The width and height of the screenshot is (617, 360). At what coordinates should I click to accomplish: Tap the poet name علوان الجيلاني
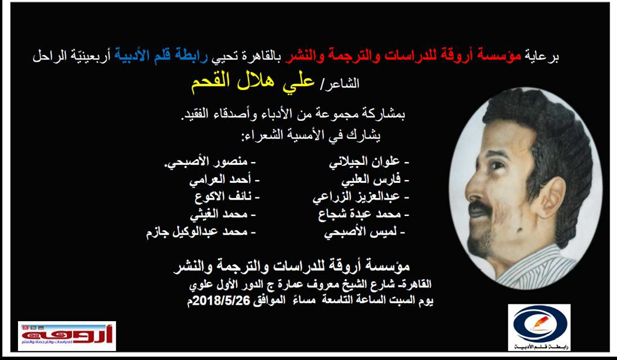pyautogui.click(x=364, y=161)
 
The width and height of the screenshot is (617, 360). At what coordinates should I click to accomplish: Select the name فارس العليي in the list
pyautogui.click(x=371, y=180)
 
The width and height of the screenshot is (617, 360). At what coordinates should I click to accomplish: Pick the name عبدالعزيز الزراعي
pyautogui.click(x=357, y=197)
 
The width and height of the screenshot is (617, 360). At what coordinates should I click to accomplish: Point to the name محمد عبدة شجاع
pyautogui.click(x=359, y=214)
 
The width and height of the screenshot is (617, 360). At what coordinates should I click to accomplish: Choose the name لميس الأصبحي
pyautogui.click(x=361, y=232)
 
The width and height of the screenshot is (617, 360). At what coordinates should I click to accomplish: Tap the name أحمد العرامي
pyautogui.click(x=220, y=180)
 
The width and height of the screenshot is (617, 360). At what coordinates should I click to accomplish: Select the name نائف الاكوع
pyautogui.click(x=223, y=197)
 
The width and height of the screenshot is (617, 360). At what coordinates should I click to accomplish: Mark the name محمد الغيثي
pyautogui.click(x=219, y=215)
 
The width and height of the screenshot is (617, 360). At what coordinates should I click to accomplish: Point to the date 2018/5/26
pyautogui.click(x=221, y=300)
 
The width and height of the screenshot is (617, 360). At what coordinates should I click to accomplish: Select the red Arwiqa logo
pyautogui.click(x=67, y=336)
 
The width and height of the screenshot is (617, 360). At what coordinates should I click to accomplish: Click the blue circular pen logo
pyautogui.click(x=539, y=327)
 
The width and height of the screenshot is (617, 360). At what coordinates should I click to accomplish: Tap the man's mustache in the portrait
pyautogui.click(x=481, y=208)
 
